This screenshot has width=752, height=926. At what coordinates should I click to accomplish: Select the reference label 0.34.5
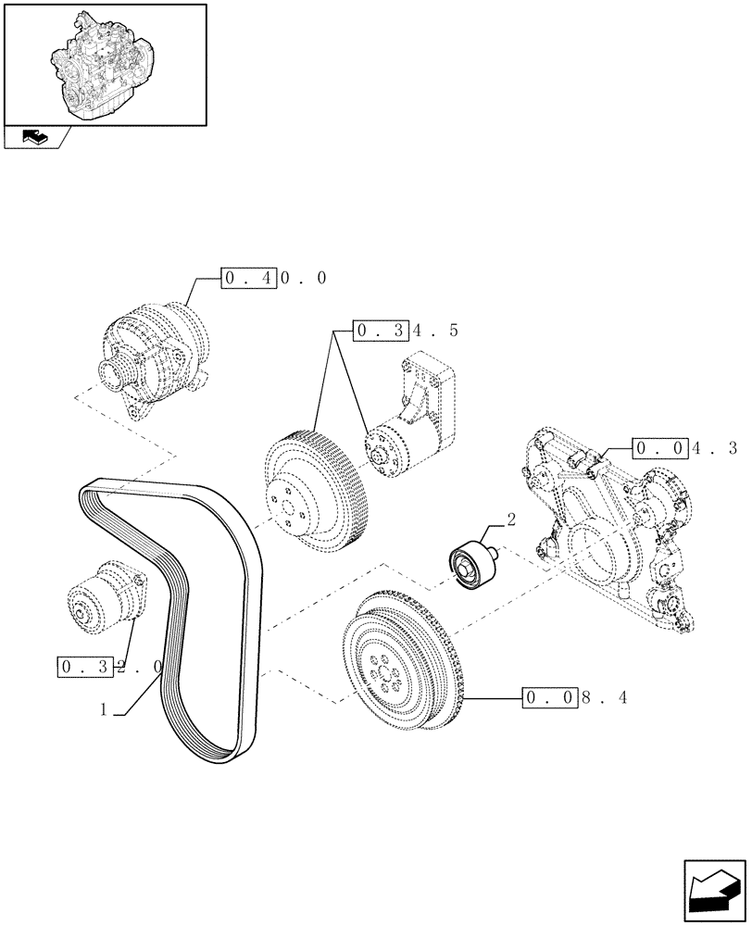(406, 330)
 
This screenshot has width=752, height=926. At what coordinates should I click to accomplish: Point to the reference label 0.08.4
(575, 697)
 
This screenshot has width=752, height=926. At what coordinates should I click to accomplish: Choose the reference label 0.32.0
(110, 666)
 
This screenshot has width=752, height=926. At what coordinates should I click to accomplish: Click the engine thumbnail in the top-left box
(104, 62)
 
